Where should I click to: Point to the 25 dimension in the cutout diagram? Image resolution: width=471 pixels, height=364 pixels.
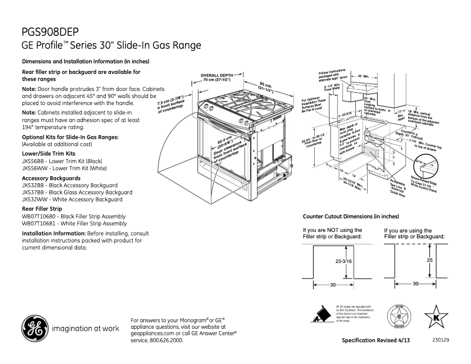(x=429, y=259)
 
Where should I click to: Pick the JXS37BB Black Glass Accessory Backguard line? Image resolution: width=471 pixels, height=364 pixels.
(x=77, y=192)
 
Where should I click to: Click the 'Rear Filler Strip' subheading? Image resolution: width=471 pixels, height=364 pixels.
(x=42, y=208)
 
